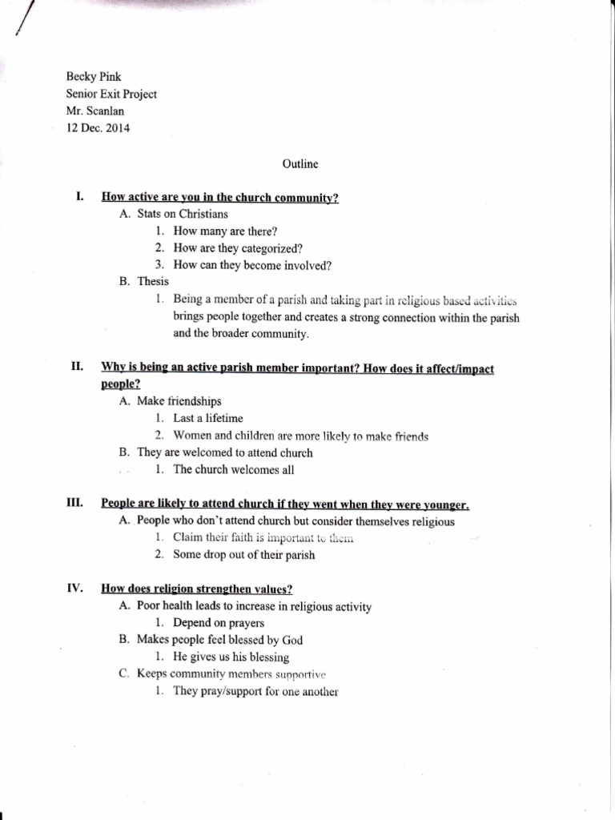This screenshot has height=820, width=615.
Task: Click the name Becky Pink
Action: (93, 77)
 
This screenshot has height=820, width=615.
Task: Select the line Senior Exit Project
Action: (111, 94)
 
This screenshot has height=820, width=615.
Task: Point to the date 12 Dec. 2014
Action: (98, 127)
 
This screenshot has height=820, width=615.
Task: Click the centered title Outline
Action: (300, 164)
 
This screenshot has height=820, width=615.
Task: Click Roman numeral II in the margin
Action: (78, 367)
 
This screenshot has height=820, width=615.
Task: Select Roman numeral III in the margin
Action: (76, 503)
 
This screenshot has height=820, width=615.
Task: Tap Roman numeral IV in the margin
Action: (76, 588)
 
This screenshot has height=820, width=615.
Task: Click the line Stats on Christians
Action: (183, 214)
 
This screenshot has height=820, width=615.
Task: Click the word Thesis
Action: (153, 281)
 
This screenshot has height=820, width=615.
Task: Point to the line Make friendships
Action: (179, 400)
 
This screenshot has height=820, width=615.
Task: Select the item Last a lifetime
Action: (207, 418)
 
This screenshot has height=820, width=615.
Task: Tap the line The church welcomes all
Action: (228, 470)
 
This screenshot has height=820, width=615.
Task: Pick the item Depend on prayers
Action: (218, 622)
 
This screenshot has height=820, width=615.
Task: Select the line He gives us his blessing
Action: (231, 657)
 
